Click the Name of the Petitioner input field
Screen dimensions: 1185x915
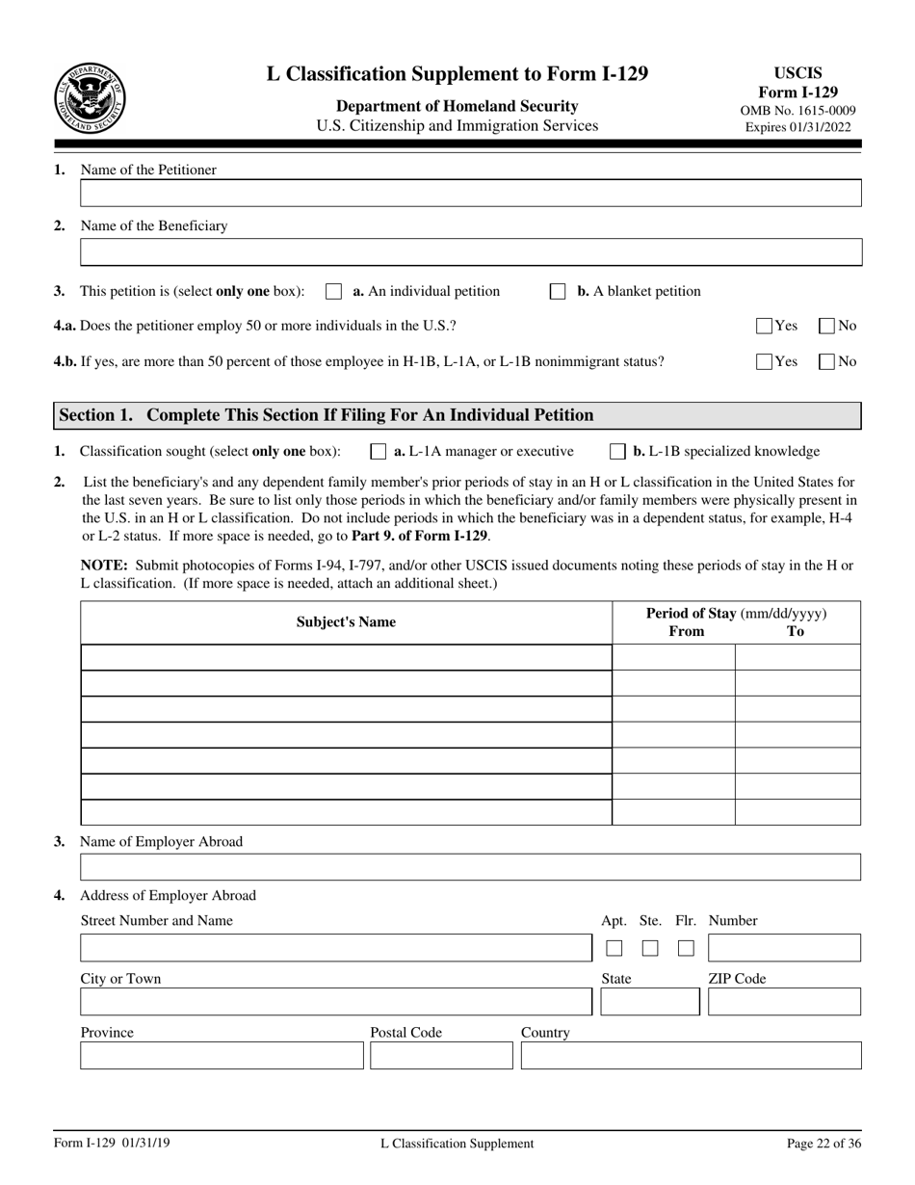point(470,194)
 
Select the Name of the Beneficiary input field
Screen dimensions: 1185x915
point(470,252)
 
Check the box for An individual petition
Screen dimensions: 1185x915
point(334,292)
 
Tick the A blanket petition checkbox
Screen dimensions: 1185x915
point(558,292)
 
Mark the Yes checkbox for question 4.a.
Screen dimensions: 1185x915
point(765,326)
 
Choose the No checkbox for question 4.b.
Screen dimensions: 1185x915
point(826,362)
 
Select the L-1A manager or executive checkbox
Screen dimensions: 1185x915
point(379,451)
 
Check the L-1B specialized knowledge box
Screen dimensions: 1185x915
point(617,451)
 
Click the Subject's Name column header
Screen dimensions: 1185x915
point(346,622)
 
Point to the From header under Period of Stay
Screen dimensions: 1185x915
point(686,632)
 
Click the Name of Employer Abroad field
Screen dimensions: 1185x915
point(470,867)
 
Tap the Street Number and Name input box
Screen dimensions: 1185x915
point(335,948)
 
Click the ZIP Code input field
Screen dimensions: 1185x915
point(784,1002)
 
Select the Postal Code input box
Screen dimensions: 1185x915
point(441,1056)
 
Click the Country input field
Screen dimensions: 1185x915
point(691,1056)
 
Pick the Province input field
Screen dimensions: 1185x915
point(222,1056)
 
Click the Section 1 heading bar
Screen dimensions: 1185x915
point(457,415)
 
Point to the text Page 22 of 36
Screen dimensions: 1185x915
point(823,1144)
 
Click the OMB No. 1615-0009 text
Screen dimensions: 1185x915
point(797,111)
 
